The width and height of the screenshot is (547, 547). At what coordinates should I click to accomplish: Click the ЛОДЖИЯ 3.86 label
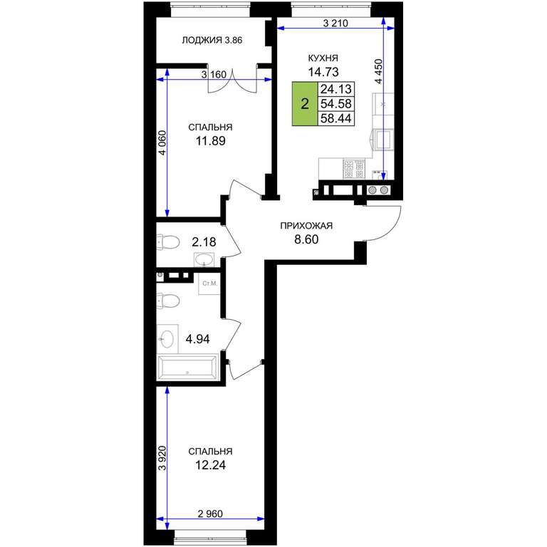(x=212, y=41)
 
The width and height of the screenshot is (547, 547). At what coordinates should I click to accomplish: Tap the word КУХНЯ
(x=323, y=58)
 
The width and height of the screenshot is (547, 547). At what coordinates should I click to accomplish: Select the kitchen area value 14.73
(x=323, y=72)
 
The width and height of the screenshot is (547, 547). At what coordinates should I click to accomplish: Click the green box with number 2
(x=305, y=103)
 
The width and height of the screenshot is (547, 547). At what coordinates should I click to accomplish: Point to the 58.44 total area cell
(x=336, y=118)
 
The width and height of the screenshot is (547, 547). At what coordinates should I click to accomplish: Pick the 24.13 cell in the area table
(x=336, y=89)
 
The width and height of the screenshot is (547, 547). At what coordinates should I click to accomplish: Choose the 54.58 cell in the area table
(x=336, y=103)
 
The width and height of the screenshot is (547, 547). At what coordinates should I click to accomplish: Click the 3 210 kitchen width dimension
(x=335, y=24)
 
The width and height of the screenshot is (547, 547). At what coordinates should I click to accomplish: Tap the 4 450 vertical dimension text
(x=378, y=71)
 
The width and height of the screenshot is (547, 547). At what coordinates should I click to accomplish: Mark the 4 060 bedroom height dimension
(x=162, y=142)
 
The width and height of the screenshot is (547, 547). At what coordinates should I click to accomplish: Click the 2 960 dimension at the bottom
(x=210, y=514)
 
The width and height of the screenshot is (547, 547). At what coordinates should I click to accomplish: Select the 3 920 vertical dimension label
(x=162, y=458)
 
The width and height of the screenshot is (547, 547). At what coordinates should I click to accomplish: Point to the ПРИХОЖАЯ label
(x=307, y=226)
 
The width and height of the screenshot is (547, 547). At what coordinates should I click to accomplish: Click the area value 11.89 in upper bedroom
(x=210, y=141)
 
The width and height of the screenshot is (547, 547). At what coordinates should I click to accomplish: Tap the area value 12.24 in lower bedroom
(x=210, y=465)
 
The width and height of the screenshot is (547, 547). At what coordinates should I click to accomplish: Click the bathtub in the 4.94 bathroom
(x=188, y=368)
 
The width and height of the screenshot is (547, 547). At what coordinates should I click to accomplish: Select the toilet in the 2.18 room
(x=168, y=241)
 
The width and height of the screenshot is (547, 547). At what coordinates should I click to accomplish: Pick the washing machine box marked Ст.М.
(x=209, y=283)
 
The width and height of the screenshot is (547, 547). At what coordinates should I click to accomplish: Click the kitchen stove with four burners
(x=354, y=170)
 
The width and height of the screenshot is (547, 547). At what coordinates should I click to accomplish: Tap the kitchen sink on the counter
(x=383, y=139)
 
